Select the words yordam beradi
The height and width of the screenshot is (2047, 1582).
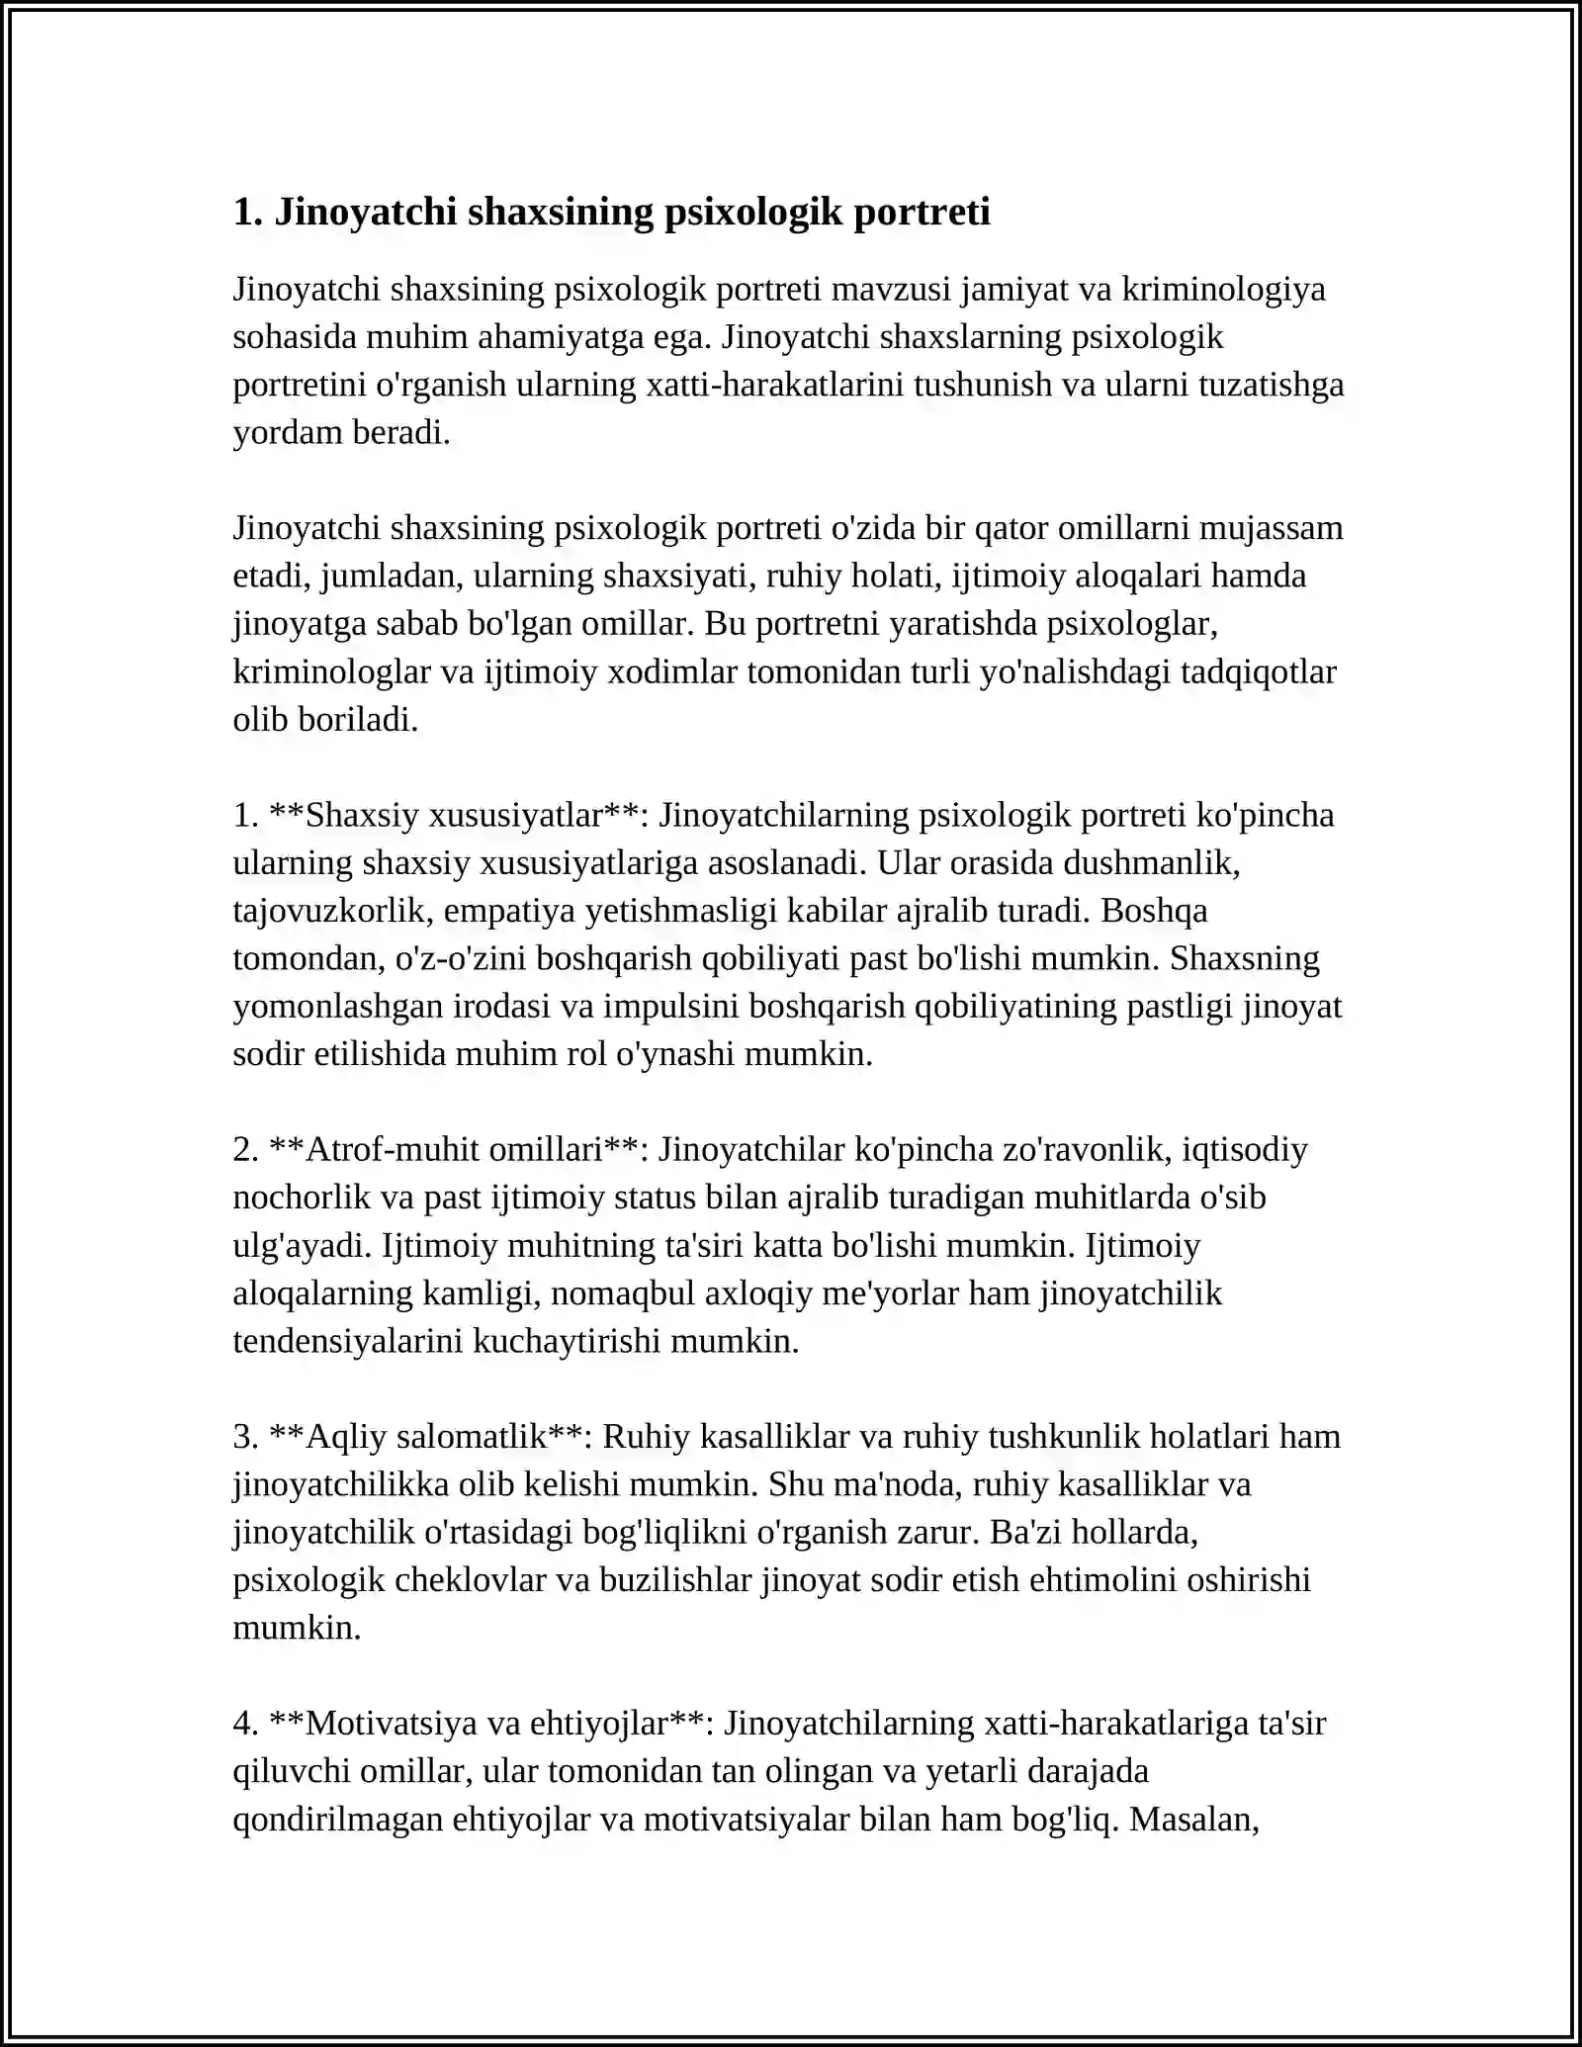coord(341,432)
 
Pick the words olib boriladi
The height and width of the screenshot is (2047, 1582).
coord(325,719)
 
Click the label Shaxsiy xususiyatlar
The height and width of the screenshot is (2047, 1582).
coord(455,815)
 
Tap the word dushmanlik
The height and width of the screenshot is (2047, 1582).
coord(1150,862)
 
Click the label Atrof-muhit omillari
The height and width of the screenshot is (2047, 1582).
coord(455,1149)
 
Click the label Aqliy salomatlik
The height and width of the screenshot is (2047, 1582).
coord(427,1436)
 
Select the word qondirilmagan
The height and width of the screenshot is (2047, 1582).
coord(337,1819)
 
